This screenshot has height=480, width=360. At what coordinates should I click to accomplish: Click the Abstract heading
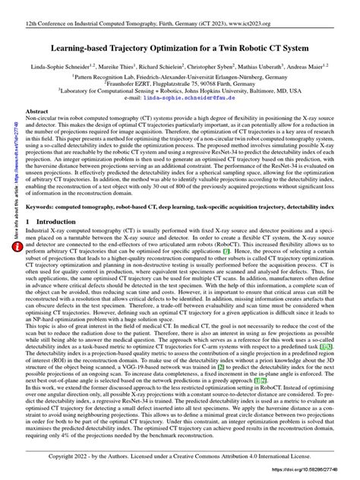[x=39, y=111]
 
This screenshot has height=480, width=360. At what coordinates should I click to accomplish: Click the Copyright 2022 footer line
[x=180, y=457]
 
